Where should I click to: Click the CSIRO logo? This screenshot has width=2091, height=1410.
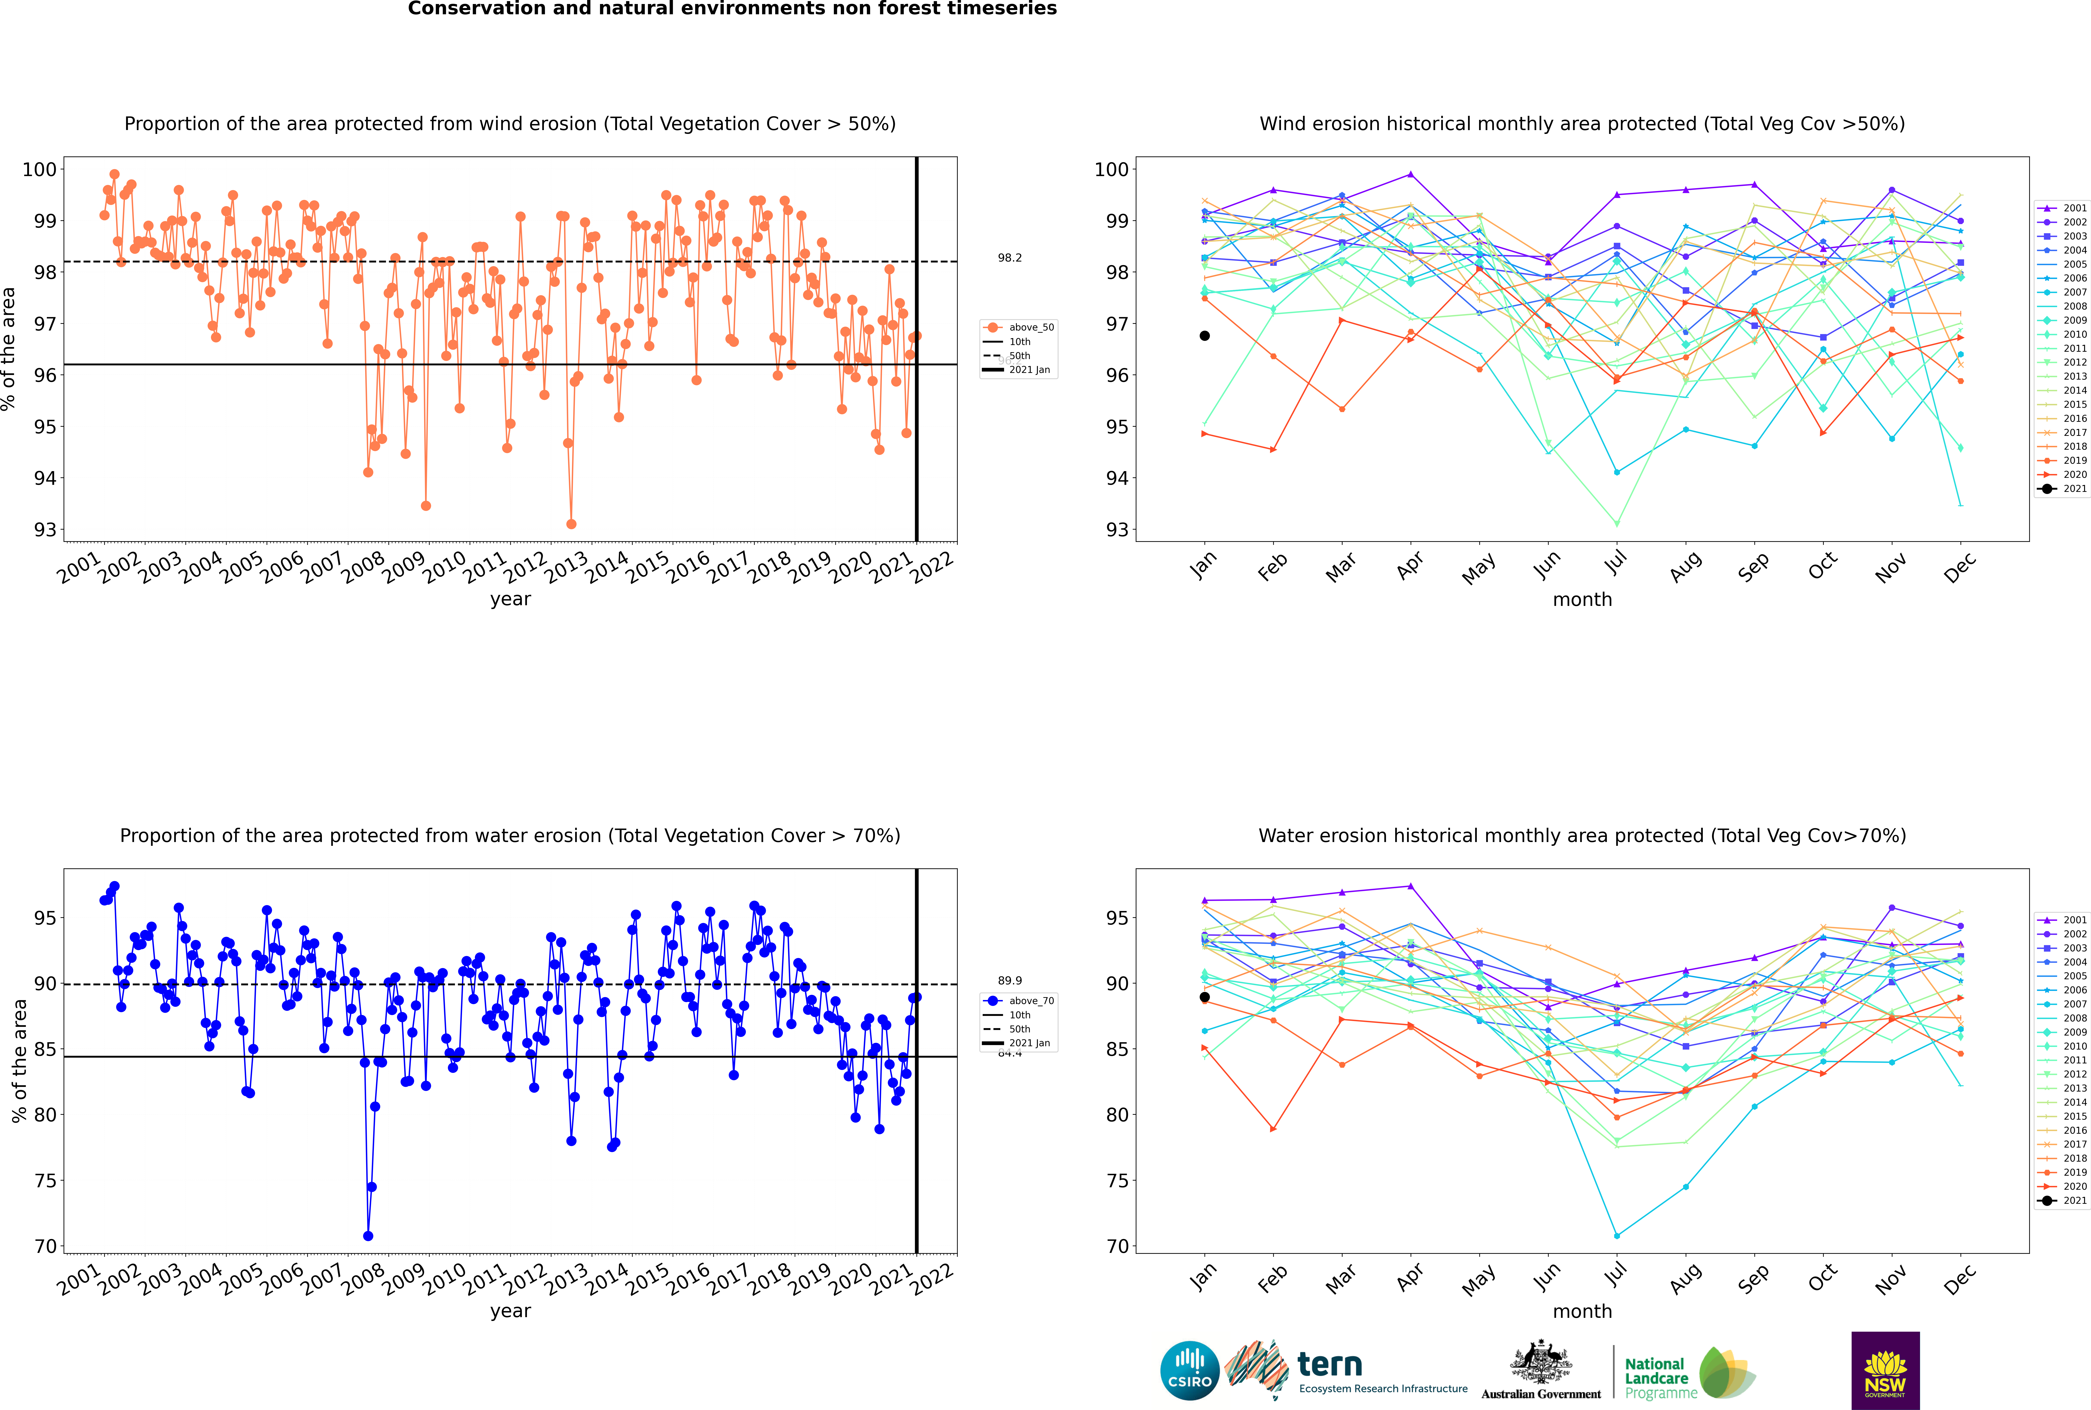pos(1189,1370)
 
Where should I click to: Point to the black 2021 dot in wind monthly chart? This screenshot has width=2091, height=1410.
pos(1205,335)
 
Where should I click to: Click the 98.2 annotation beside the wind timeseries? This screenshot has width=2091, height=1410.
pos(1009,258)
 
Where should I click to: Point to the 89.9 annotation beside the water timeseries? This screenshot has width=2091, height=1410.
pos(1009,981)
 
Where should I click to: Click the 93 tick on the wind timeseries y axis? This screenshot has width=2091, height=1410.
pos(45,530)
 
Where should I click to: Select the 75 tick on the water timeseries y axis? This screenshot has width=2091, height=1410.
pos(45,1181)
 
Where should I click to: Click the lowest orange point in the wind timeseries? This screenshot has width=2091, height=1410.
pos(571,524)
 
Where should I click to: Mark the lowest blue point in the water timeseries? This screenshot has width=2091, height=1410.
pos(368,1235)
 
